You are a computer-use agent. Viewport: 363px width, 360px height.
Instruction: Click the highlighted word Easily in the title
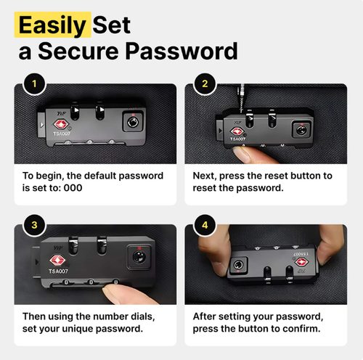[52, 25]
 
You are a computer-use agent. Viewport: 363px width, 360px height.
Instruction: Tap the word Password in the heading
[181, 51]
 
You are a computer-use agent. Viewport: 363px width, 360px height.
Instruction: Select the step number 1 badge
[34, 84]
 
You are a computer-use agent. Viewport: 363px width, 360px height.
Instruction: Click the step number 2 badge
[205, 84]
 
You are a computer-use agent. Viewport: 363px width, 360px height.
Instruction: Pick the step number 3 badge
[34, 225]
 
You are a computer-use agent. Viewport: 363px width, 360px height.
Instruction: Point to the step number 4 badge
[205, 225]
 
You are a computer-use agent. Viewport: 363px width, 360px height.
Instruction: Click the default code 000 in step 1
[73, 188]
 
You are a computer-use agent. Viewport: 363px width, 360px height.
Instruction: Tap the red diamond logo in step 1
[61, 124]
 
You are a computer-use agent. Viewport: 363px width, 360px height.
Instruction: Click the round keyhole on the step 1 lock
[133, 122]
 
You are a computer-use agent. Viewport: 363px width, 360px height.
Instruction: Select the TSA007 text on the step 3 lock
[58, 271]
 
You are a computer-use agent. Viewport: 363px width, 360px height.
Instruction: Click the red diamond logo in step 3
[57, 261]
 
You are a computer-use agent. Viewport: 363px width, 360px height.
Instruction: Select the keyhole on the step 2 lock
[301, 131]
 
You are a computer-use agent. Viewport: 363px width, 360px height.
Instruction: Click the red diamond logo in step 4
[301, 262]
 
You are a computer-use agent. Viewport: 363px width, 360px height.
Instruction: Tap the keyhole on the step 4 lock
[238, 265]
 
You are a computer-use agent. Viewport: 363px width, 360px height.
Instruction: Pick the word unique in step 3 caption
[78, 329]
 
